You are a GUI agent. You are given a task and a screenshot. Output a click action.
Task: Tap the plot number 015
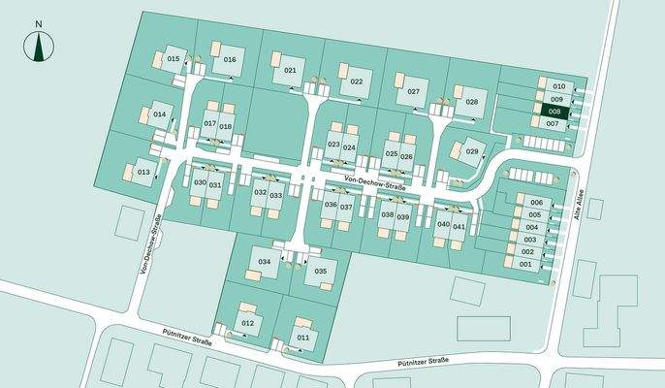[x=174, y=59]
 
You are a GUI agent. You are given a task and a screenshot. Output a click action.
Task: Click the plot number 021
[x=290, y=71]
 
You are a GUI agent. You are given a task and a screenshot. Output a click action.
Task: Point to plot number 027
[x=414, y=91]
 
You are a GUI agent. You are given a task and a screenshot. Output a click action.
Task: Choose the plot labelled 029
[x=472, y=151]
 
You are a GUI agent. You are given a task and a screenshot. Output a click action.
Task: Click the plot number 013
[x=142, y=172]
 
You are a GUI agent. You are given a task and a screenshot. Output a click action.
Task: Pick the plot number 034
[x=264, y=263]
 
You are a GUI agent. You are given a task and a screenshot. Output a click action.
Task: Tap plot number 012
[x=248, y=322]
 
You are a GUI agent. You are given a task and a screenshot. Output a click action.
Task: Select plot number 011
[x=303, y=337]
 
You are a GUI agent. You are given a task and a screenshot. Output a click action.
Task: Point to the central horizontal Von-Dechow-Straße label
[x=374, y=179]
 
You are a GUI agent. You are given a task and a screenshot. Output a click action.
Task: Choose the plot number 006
[x=535, y=202]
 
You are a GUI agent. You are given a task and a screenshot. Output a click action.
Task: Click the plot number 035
[x=321, y=271]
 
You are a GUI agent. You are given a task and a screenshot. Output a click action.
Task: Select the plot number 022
[x=356, y=81]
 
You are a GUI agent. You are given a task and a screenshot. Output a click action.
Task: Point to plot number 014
[x=160, y=114]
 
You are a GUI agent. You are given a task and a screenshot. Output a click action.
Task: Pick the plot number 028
[x=472, y=101]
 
